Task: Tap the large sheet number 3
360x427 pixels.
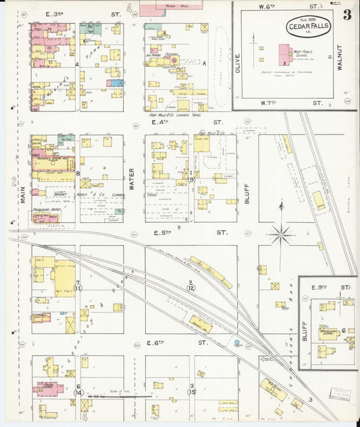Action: click(x=346, y=15)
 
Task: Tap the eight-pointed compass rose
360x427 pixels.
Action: click(x=281, y=235)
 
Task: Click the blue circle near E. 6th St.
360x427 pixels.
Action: click(x=237, y=343)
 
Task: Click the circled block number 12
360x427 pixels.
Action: click(x=190, y=288)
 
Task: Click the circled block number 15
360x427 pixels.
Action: click(x=192, y=391)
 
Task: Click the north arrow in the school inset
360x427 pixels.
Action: click(x=254, y=47)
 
